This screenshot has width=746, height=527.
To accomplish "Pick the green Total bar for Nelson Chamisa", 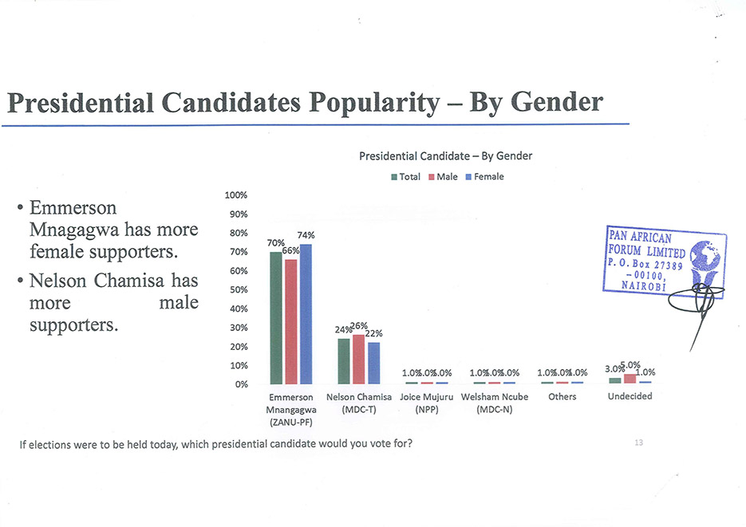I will click(344, 361).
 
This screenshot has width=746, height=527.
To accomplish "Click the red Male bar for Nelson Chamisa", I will click(359, 359).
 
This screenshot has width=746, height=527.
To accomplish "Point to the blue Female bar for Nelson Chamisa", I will click(374, 363).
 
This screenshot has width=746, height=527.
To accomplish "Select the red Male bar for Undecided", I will click(630, 379).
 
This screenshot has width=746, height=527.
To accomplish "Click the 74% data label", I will click(306, 235).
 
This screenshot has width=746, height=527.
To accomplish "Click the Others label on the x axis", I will click(562, 397).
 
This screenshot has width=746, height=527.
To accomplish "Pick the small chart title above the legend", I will click(445, 155).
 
